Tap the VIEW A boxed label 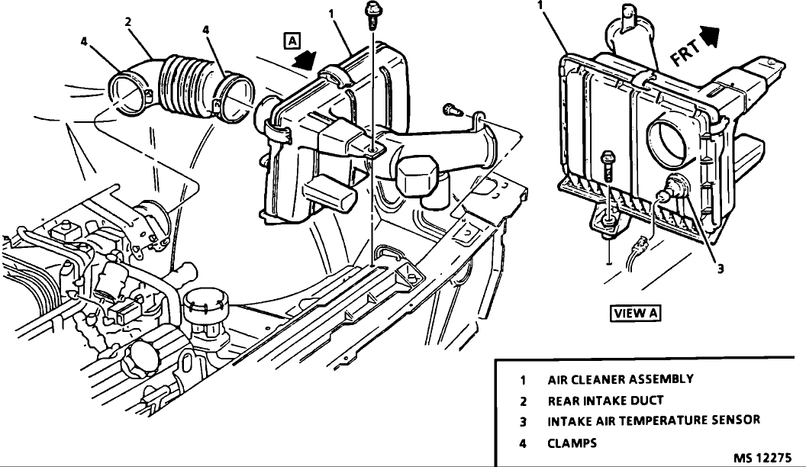tap(636, 313)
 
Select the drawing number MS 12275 tap(764, 458)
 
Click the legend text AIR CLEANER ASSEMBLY tap(620, 378)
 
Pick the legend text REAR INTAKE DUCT tap(605, 400)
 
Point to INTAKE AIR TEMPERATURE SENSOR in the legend tap(653, 420)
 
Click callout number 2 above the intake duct tap(129, 22)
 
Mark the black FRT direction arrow tap(710, 34)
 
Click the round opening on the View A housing tap(669, 141)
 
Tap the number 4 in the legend tap(524, 443)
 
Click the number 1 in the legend tap(524, 378)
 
